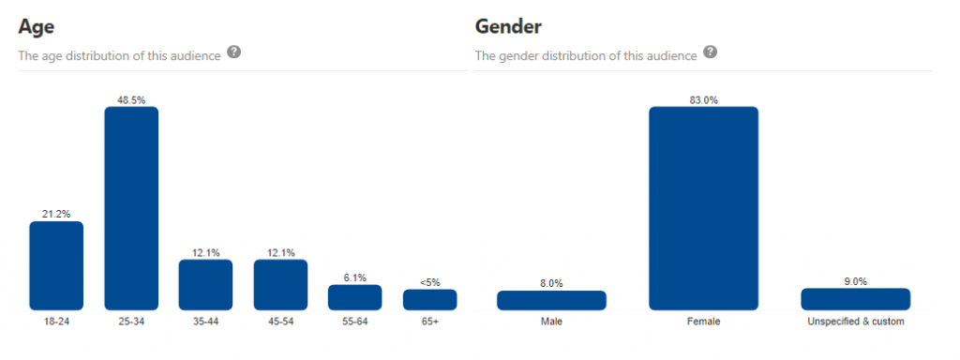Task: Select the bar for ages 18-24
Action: tap(56, 265)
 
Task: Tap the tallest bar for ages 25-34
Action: tap(131, 207)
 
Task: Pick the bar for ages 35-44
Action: tap(205, 284)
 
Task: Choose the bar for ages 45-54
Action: tap(280, 284)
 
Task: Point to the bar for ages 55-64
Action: tap(354, 297)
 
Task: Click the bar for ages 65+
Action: tap(429, 299)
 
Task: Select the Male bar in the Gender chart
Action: tap(551, 300)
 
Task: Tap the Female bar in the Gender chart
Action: tap(703, 207)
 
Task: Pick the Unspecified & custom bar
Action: tap(855, 299)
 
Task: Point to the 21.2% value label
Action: tap(56, 214)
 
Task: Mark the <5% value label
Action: tap(429, 281)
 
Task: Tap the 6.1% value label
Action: tap(354, 277)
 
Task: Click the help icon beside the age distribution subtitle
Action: tap(234, 52)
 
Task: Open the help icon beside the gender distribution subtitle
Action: tap(711, 52)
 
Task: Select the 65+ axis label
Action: tap(429, 322)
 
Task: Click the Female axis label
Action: tap(703, 322)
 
